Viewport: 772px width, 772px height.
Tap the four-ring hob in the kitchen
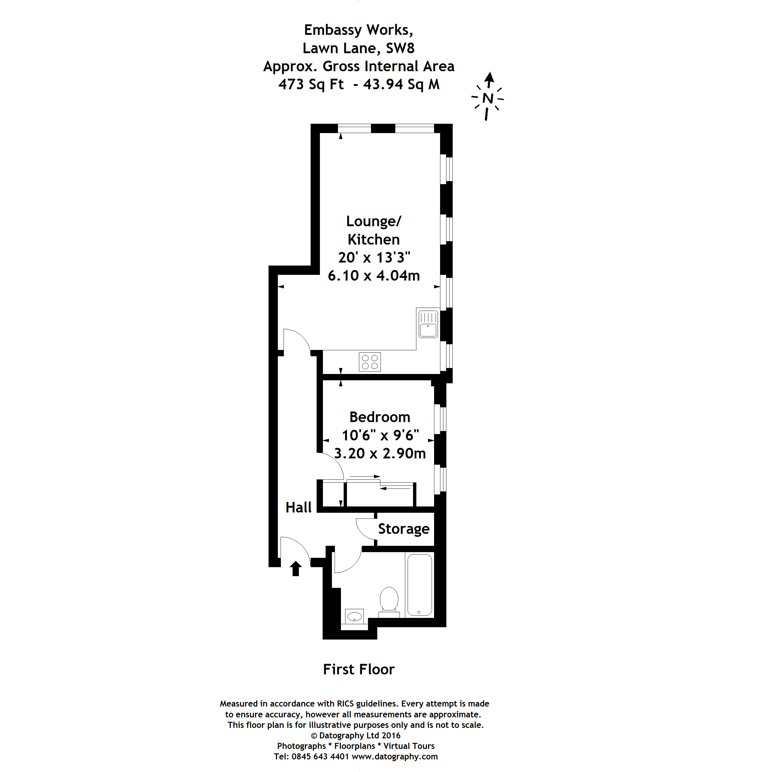pos(369,362)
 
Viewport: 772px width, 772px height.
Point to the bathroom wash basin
pos(354,617)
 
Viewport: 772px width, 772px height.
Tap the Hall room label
pos(298,507)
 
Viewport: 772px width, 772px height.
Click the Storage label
pos(404,529)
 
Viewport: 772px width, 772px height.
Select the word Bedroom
pos(380,417)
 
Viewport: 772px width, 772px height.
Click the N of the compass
pos(488,98)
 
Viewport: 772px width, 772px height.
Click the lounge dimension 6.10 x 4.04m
pos(374,276)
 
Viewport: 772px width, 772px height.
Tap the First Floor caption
pos(358,669)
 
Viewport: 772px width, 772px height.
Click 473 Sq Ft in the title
pos(311,84)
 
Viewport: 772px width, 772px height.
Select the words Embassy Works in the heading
pos(358,30)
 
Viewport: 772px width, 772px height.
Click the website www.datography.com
pos(394,756)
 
